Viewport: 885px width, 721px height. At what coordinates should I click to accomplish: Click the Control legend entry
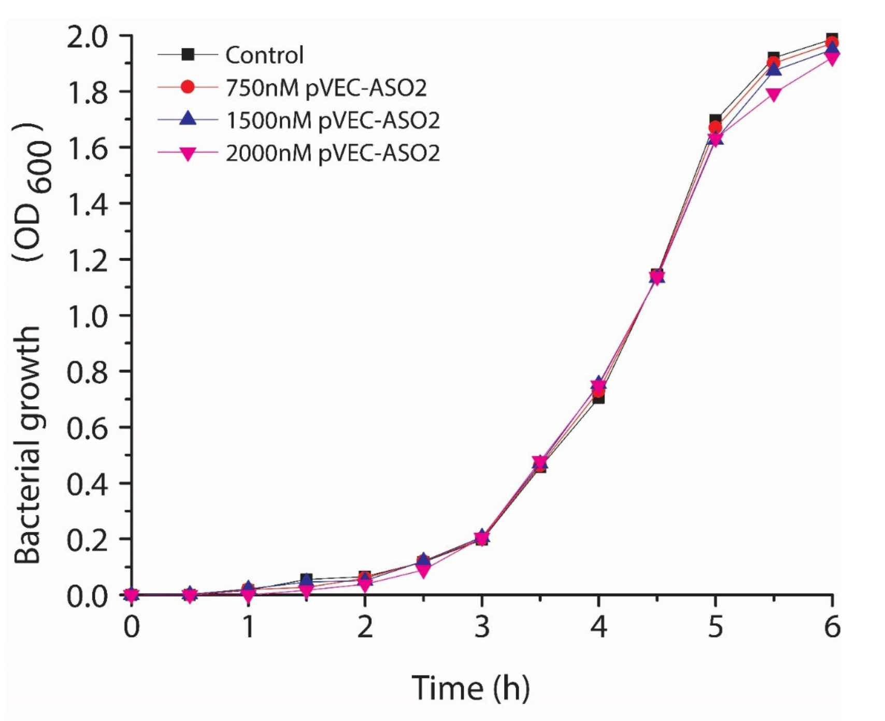pyautogui.click(x=264, y=55)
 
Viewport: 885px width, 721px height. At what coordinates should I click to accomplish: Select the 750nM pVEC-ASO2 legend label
pyautogui.click(x=326, y=88)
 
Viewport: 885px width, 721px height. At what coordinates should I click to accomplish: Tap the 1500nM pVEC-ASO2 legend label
pyautogui.click(x=333, y=121)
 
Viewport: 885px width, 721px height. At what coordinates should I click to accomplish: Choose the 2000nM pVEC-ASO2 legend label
pyautogui.click(x=333, y=153)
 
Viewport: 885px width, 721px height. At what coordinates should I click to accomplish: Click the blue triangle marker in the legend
pyautogui.click(x=188, y=120)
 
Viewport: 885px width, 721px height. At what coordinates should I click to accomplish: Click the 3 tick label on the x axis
pyautogui.click(x=482, y=628)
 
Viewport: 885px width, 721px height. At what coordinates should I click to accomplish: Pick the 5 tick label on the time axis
pyautogui.click(x=715, y=628)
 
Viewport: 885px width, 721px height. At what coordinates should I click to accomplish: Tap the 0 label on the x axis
pyautogui.click(x=132, y=628)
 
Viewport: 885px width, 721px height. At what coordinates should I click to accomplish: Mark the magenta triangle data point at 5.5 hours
pyautogui.click(x=774, y=94)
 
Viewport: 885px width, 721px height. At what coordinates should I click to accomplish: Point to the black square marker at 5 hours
pyautogui.click(x=716, y=120)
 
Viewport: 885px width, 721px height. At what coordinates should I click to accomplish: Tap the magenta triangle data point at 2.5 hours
pyautogui.click(x=423, y=571)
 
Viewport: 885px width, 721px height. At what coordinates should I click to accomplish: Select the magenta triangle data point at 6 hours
pyautogui.click(x=832, y=58)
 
